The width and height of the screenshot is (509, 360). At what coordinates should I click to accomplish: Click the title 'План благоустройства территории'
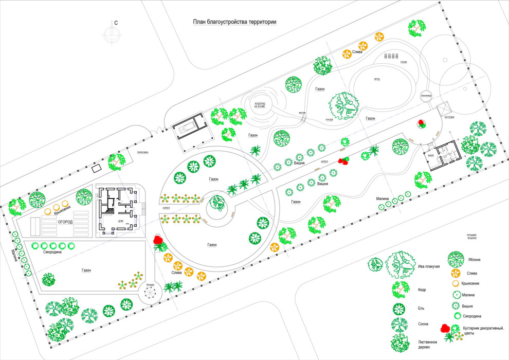point(234,22)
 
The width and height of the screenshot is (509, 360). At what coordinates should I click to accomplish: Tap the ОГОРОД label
point(61,222)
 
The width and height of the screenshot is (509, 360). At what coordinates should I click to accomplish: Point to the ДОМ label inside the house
point(120,221)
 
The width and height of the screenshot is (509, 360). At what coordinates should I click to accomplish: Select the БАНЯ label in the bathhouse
point(431,154)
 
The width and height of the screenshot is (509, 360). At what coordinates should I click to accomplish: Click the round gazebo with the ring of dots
point(150,293)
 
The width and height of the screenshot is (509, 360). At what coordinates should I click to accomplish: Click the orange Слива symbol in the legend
point(455,272)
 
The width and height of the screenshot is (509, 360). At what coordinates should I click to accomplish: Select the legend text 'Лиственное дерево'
point(428,345)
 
